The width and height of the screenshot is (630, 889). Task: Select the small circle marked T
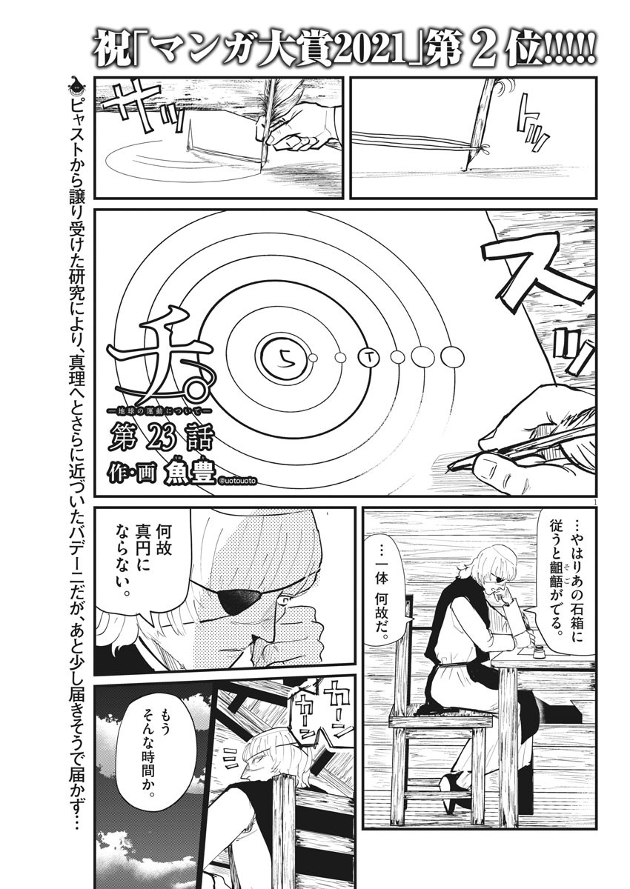pos(369,358)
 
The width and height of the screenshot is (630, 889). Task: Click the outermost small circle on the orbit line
pos(452,358)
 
